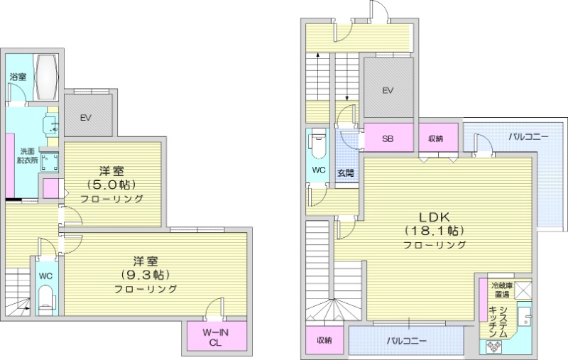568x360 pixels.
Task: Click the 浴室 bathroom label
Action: (18, 77)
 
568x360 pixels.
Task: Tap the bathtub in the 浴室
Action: (46, 77)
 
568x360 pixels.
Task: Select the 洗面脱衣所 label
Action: (27, 156)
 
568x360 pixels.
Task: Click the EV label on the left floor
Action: (85, 118)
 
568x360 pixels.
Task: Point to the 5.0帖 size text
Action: (111, 185)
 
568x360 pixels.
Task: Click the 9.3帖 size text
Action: (146, 275)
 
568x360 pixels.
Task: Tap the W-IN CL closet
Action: (217, 336)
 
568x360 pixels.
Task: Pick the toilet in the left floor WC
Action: (46, 300)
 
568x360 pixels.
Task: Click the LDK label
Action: (435, 217)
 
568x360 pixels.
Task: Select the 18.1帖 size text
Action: (435, 230)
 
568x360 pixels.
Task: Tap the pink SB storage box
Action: (388, 138)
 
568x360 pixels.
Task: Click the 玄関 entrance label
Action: (346, 173)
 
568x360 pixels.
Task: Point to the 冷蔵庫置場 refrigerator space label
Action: (502, 290)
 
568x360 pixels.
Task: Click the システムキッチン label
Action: (498, 322)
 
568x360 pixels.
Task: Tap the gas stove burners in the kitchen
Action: (493, 347)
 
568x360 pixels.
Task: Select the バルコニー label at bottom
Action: (406, 341)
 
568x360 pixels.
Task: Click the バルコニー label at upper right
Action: (528, 137)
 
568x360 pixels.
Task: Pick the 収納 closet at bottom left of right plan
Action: (324, 340)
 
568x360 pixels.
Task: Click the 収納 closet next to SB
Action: (438, 138)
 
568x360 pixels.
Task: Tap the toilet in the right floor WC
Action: (317, 147)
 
